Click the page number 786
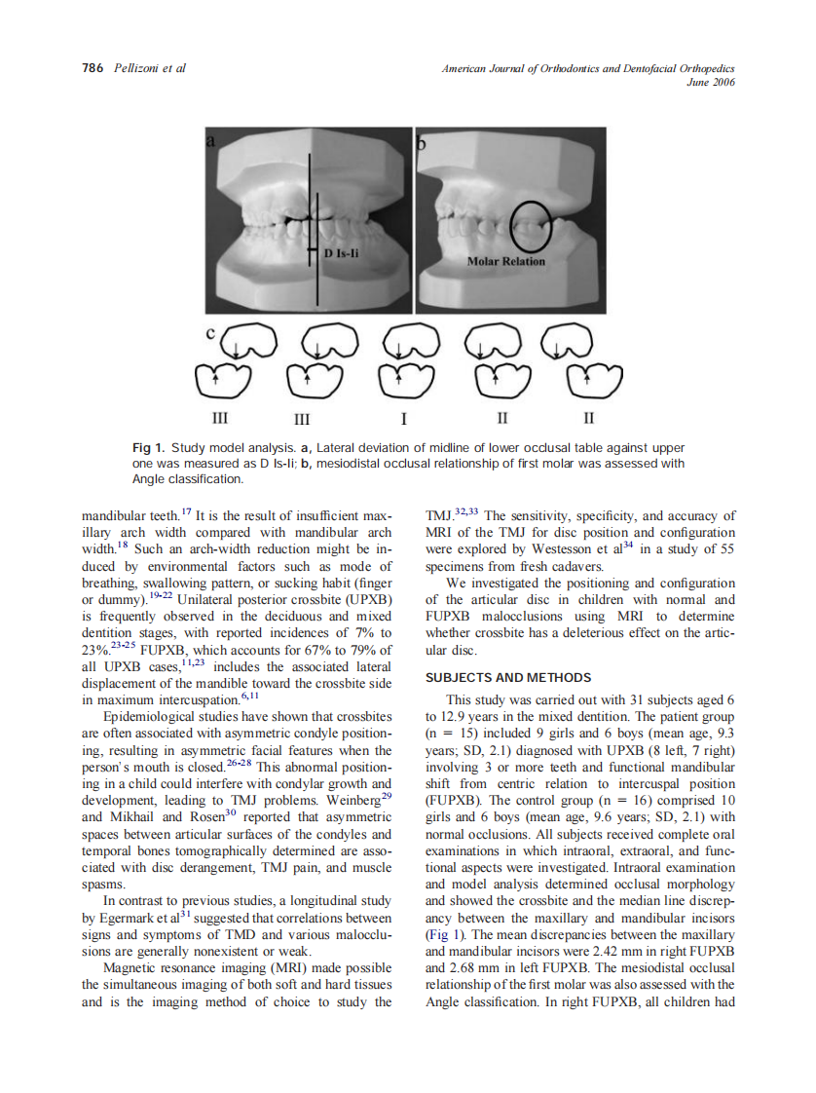pos(93,68)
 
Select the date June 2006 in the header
pos(712,82)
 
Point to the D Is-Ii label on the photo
pos(343,254)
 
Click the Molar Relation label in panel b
pos(506,261)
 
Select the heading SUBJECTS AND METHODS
pos(508,677)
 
